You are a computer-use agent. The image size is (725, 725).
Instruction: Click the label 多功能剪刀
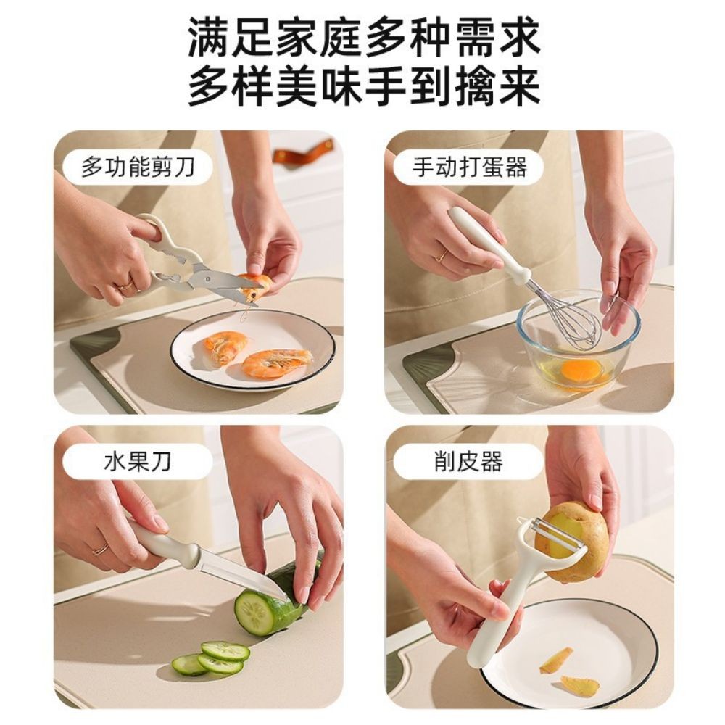click(138, 168)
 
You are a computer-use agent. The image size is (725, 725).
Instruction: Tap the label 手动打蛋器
click(469, 168)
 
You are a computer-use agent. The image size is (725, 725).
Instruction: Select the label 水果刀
click(138, 462)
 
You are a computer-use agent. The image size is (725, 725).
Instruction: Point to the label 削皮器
click(468, 462)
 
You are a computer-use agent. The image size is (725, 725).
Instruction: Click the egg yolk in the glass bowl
click(581, 370)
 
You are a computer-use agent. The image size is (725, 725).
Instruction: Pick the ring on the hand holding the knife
click(100, 549)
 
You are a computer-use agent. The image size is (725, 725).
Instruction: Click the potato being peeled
click(576, 540)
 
